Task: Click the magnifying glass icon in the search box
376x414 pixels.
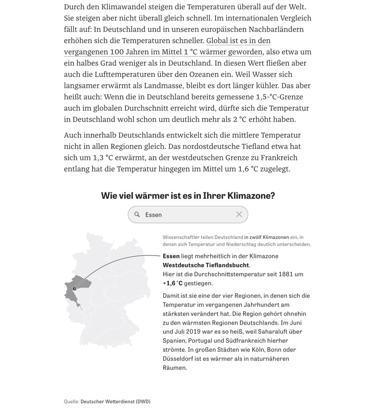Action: [x=137, y=215]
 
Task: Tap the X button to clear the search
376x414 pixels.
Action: [x=239, y=214]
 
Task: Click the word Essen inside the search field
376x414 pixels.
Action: [x=154, y=215]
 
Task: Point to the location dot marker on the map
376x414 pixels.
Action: [x=74, y=289]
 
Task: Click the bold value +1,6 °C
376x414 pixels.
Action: [x=173, y=283]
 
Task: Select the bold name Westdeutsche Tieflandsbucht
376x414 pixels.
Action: [x=206, y=265]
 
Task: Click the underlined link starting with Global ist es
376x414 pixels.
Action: [x=238, y=41]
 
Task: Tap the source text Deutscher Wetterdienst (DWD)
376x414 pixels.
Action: [x=115, y=401]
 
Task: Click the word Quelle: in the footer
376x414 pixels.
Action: [x=71, y=401]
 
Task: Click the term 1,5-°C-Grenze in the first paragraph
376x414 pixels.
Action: [x=280, y=97]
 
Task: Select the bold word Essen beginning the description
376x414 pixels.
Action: [x=171, y=256]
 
